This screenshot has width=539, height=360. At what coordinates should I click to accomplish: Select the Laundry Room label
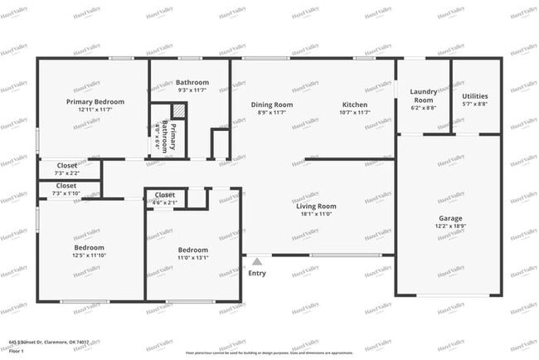click(423, 96)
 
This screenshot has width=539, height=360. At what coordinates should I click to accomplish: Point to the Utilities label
click(474, 96)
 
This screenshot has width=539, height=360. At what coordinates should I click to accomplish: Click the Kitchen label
click(355, 105)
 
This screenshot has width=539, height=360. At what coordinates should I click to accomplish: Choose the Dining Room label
click(272, 105)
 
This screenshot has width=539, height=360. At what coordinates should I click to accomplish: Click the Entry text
click(257, 273)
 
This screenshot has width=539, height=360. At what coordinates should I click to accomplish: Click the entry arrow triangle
click(257, 260)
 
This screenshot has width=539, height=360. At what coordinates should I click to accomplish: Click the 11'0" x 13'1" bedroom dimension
click(193, 257)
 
